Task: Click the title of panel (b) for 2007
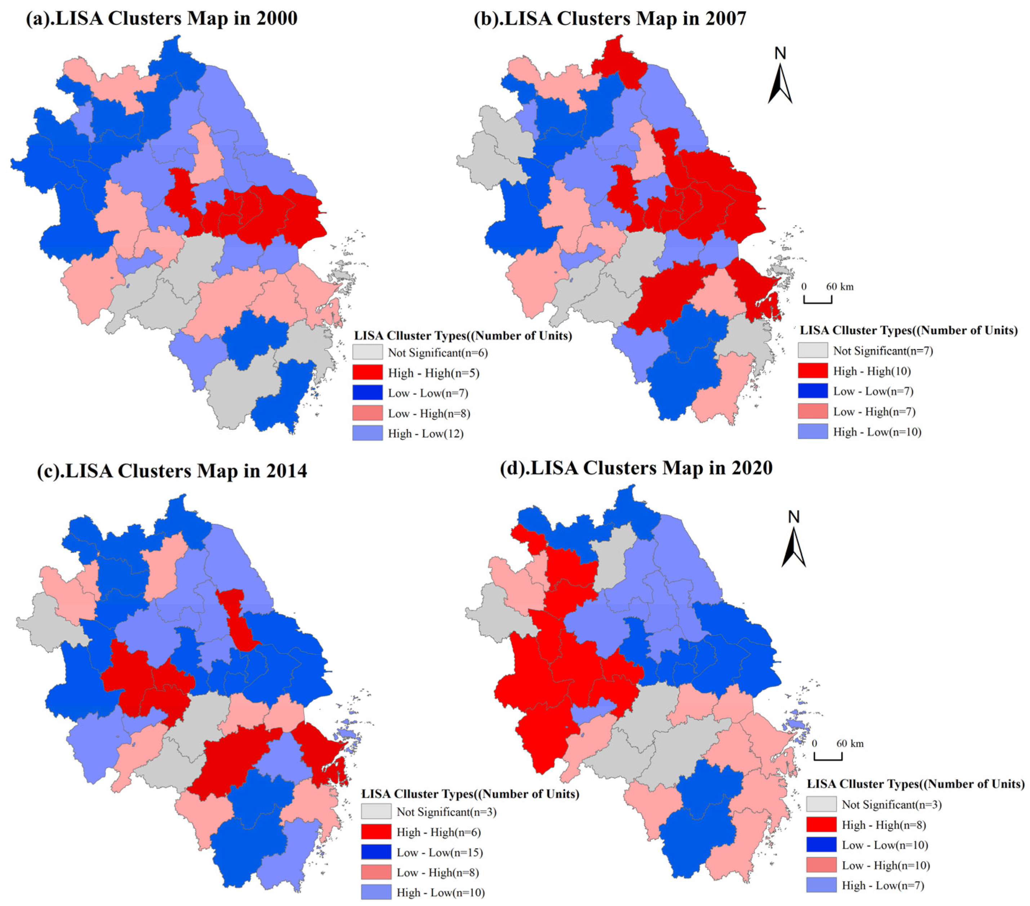pos(610,19)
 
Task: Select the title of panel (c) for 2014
pos(172,471)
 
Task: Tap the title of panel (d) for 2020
pos(636,468)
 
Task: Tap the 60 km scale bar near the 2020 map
pos(828,756)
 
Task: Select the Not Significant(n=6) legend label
pos(438,353)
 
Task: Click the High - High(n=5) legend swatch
pos(367,373)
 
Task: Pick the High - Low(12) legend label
pos(425,434)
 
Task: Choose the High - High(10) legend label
pos(872,371)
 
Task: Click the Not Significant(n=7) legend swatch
pos(812,351)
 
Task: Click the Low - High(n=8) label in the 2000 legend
pos(429,414)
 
